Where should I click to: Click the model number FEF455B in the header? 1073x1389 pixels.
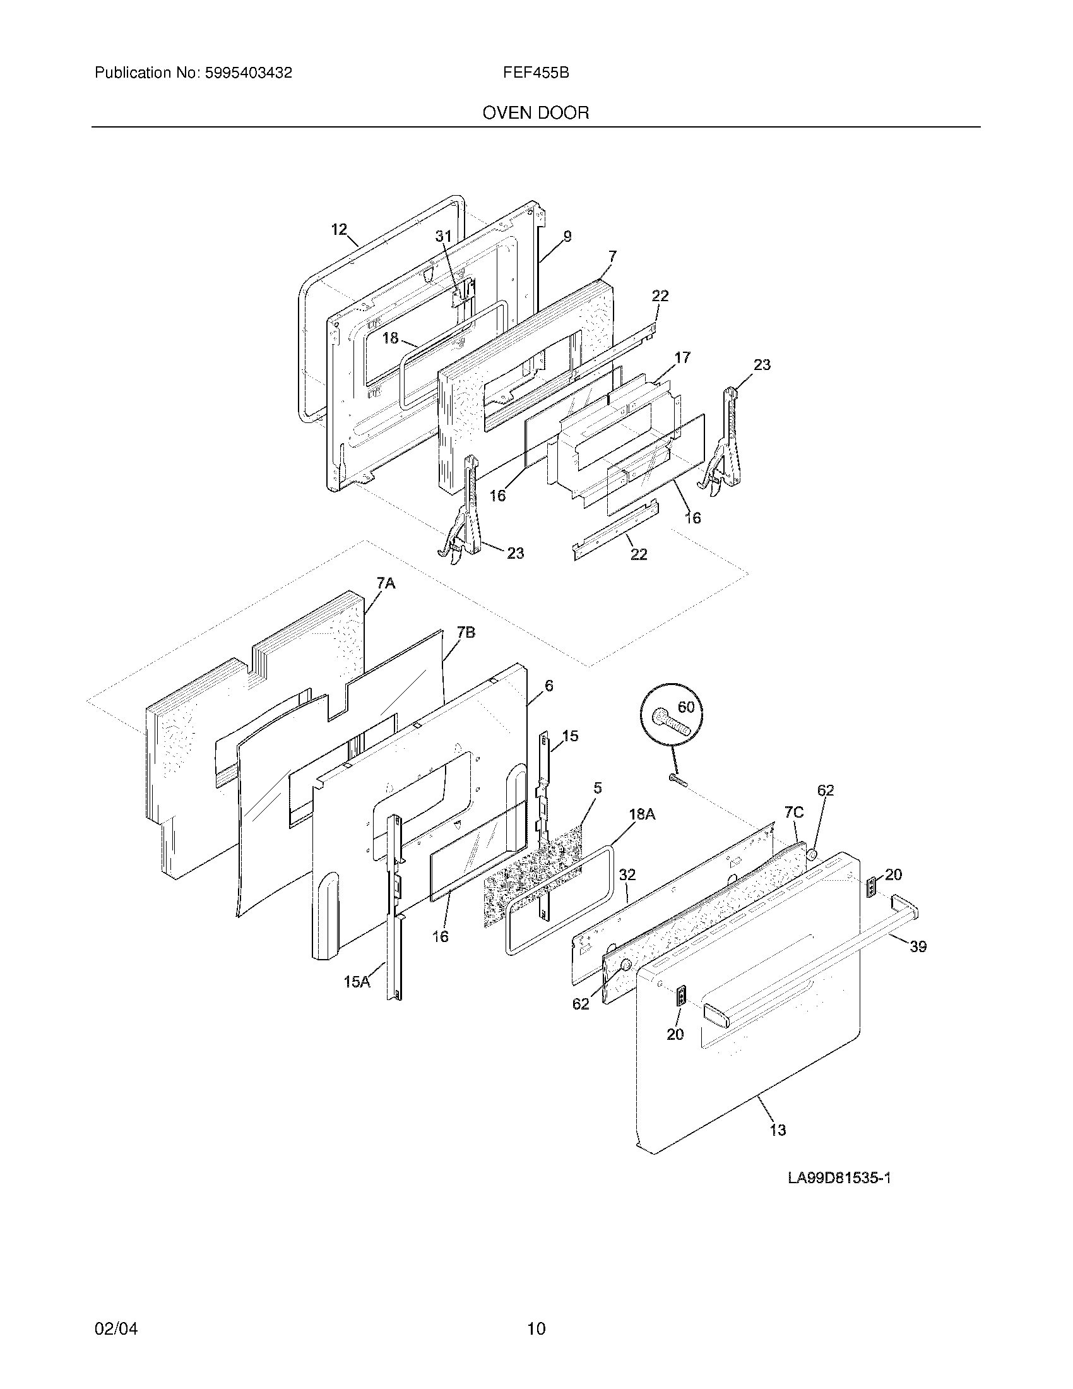tap(535, 73)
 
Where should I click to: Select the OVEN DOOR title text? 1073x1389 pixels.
tap(535, 113)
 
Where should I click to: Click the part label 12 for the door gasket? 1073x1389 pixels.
tap(340, 230)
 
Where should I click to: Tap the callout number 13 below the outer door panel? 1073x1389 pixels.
tap(778, 1130)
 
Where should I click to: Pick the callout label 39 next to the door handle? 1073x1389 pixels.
tap(918, 964)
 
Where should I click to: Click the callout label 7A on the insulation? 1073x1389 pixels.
tap(386, 583)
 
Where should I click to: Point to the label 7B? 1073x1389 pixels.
tap(466, 632)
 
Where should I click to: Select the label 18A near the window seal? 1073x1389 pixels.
tap(642, 813)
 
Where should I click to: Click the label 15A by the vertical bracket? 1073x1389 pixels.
tap(357, 982)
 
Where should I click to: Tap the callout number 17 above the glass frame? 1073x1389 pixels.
tap(682, 357)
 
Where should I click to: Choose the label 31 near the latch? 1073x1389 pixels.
tap(443, 236)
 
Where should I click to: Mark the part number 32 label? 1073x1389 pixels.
tap(627, 875)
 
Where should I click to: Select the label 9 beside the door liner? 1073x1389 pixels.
tap(567, 237)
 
